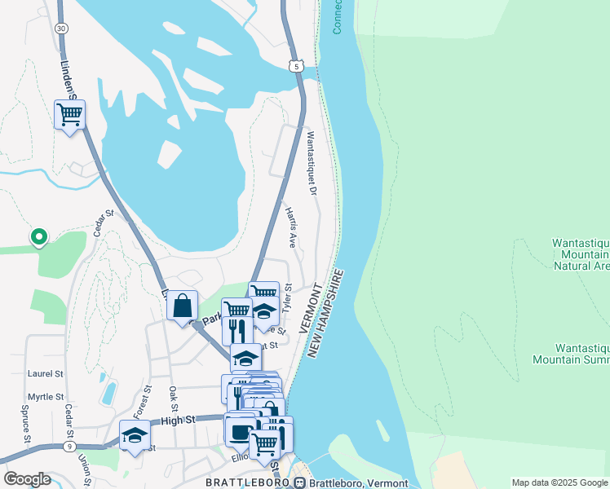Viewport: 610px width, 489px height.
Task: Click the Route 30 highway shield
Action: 61,28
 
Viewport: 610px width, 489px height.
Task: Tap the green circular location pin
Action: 38,237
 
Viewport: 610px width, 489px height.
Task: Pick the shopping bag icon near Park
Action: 183,306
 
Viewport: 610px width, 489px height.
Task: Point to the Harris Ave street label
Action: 290,227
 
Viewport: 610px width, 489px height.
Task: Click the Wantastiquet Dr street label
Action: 311,162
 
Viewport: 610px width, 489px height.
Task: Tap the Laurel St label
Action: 45,373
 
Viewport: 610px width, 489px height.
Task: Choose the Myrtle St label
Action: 45,397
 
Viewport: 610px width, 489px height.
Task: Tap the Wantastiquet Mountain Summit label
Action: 571,352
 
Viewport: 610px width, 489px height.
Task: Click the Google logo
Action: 27,479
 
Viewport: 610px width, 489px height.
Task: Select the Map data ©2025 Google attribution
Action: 559,482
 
